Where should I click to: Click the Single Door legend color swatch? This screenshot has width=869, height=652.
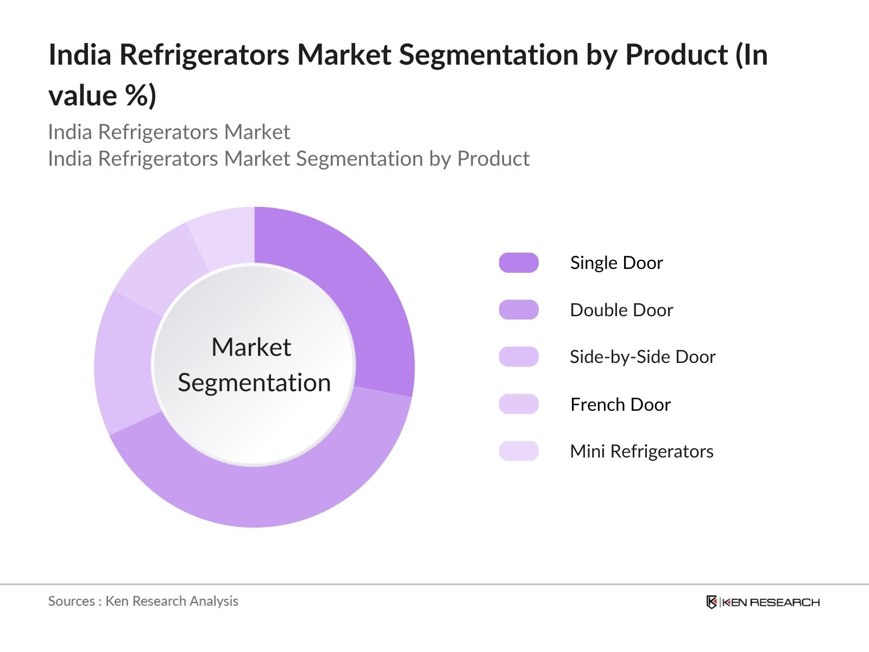[x=519, y=262]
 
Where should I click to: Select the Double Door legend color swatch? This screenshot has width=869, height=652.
[x=519, y=310]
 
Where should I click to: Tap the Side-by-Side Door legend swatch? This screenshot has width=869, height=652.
[x=519, y=356]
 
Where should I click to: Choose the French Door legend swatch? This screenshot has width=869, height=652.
[x=519, y=404]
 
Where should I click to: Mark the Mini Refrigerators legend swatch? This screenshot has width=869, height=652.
[x=519, y=451]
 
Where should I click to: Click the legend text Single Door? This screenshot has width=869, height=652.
[x=616, y=263]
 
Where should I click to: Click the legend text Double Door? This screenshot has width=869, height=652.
[x=621, y=310]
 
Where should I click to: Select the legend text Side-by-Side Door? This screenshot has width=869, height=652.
[x=643, y=357]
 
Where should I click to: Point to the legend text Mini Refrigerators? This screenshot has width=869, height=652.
[x=641, y=452]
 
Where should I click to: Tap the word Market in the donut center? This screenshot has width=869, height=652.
[x=251, y=347]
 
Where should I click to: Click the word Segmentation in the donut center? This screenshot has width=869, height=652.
[x=254, y=383]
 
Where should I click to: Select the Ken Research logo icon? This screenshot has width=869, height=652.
[x=711, y=602]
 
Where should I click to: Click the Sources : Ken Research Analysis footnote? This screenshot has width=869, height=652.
[x=143, y=601]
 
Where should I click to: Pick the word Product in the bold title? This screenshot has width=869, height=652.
[x=677, y=55]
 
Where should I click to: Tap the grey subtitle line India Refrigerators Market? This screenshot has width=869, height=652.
[x=169, y=132]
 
